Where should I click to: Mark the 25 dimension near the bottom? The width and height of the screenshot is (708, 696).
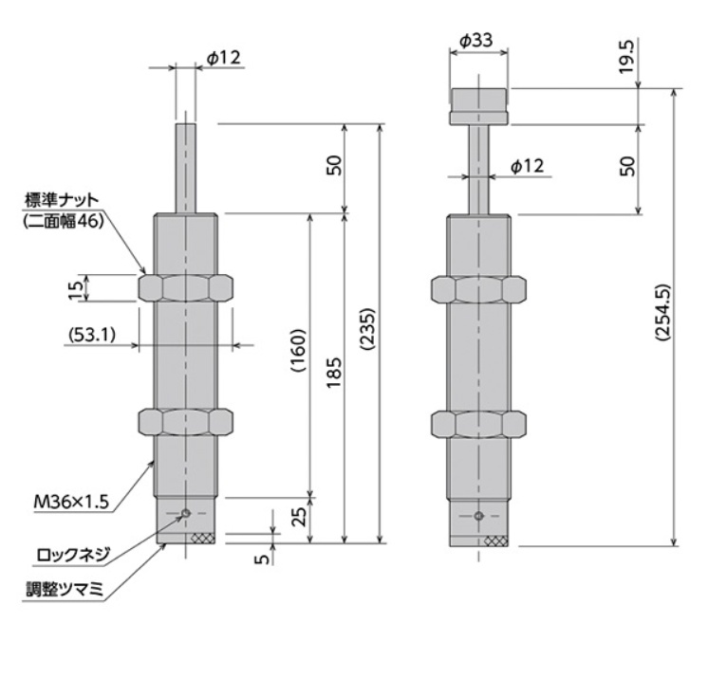pos(295,518)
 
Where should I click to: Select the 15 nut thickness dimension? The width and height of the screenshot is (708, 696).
pos(75,288)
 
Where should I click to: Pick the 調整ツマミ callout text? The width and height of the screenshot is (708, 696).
pos(65,589)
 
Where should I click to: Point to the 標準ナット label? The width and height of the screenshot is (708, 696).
pos(64,201)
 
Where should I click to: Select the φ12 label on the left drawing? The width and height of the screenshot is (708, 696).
pos(224,57)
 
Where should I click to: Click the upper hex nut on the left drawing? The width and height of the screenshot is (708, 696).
pos(186,288)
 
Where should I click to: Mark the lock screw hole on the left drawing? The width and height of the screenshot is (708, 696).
pos(186,514)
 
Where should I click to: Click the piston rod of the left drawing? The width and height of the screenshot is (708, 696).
pos(186,166)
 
